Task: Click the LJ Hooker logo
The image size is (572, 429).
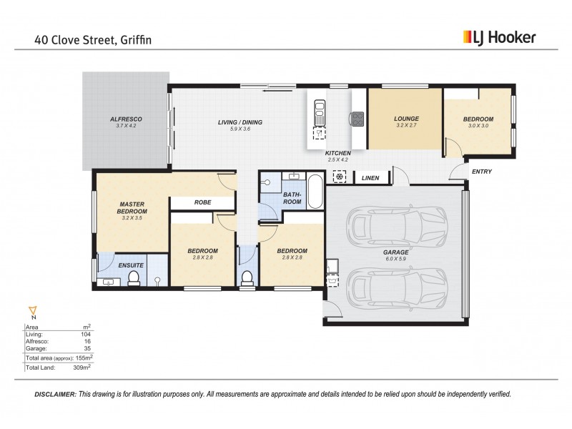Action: click(x=499, y=38)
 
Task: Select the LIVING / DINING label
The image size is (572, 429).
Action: click(x=240, y=122)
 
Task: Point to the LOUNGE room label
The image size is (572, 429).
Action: click(x=405, y=119)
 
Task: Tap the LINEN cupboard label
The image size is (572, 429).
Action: click(x=370, y=178)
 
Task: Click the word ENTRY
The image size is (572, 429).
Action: click(x=481, y=171)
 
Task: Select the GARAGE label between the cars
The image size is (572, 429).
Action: click(x=395, y=252)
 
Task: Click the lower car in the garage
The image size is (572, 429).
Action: click(x=395, y=285)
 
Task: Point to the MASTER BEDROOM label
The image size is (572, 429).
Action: click(x=132, y=207)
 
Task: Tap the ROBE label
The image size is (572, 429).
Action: click(x=202, y=202)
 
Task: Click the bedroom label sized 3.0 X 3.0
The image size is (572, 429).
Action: click(x=479, y=119)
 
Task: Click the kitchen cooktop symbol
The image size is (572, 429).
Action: click(x=355, y=119)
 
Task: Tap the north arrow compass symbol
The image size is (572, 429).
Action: click(x=31, y=312)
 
